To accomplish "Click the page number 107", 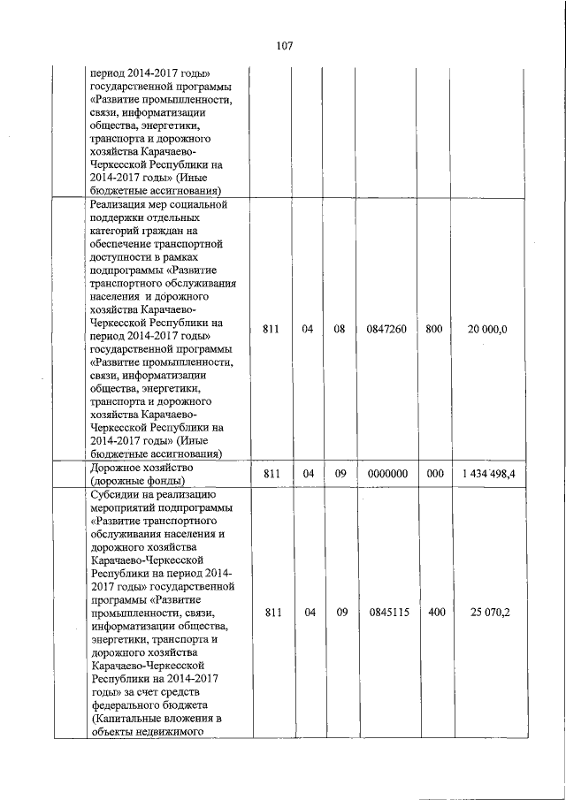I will click(x=284, y=46).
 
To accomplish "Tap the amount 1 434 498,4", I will click(x=489, y=474).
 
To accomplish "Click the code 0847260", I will click(x=386, y=330).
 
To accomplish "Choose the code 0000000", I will click(x=386, y=474).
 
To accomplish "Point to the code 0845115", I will click(x=386, y=612).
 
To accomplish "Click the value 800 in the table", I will click(x=434, y=330).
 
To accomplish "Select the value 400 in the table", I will click(x=435, y=612).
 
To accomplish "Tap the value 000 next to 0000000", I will click(x=434, y=474).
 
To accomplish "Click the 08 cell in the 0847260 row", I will click(x=339, y=330).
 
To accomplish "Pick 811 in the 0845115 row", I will click(x=272, y=612).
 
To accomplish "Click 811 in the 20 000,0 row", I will click(x=272, y=330).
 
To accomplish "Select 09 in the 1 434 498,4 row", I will click(x=339, y=474).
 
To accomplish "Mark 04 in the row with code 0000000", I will click(x=307, y=474).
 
